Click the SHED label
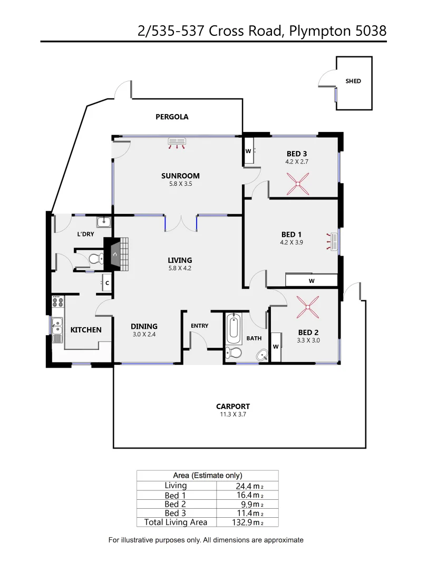(353, 81)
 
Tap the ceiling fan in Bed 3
(300, 185)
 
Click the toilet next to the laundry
(95, 259)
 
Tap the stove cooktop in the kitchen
(58, 303)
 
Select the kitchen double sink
(57, 326)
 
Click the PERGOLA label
(172, 117)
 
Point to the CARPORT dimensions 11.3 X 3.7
(232, 415)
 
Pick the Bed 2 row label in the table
(175, 504)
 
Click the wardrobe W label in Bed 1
(311, 281)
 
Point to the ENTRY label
(199, 326)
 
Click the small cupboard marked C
(107, 283)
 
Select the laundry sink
(104, 222)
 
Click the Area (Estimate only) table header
(207, 475)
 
